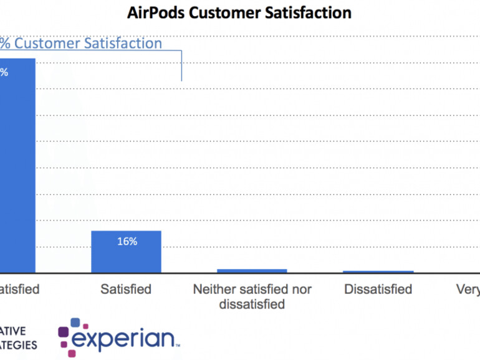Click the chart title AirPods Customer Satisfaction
click(239, 12)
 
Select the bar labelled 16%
click(126, 252)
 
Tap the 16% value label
click(127, 242)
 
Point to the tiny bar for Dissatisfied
click(378, 272)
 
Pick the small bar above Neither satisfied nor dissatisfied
click(252, 270)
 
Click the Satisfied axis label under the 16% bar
click(126, 290)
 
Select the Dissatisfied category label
click(378, 290)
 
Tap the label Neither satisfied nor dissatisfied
click(252, 297)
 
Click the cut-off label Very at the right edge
click(468, 290)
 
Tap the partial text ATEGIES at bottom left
click(18, 345)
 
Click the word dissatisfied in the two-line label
click(252, 305)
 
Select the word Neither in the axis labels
click(215, 290)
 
